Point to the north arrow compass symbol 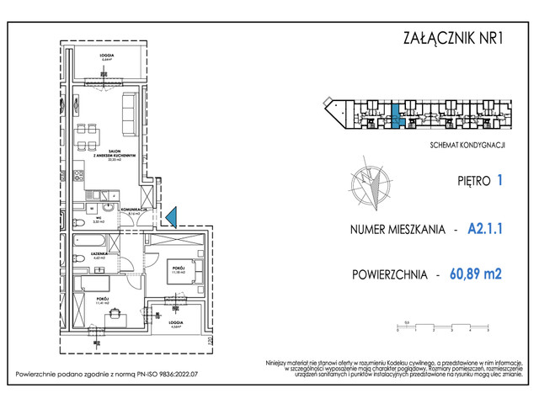pos(370,189)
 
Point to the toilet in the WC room pos(81,221)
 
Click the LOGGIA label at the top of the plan pos(106,57)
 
